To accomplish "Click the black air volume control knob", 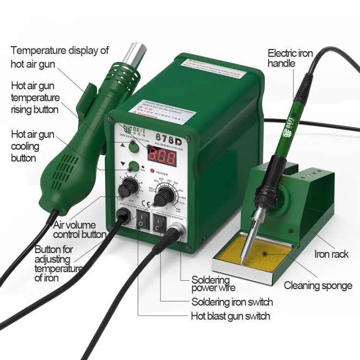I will pyautogui.click(x=131, y=184).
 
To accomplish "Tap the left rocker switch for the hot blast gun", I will pyautogui.click(x=142, y=220).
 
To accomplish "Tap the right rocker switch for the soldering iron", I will pyautogui.click(x=158, y=221).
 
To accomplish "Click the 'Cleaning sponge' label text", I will pyautogui.click(x=318, y=286).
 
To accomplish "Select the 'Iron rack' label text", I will pyautogui.click(x=331, y=254).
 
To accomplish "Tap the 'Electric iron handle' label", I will pyautogui.click(x=290, y=58).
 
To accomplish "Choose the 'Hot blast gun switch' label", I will pyautogui.click(x=230, y=316).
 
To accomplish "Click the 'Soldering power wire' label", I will pyautogui.click(x=214, y=284).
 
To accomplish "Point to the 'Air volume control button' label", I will pyautogui.click(x=80, y=229).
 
